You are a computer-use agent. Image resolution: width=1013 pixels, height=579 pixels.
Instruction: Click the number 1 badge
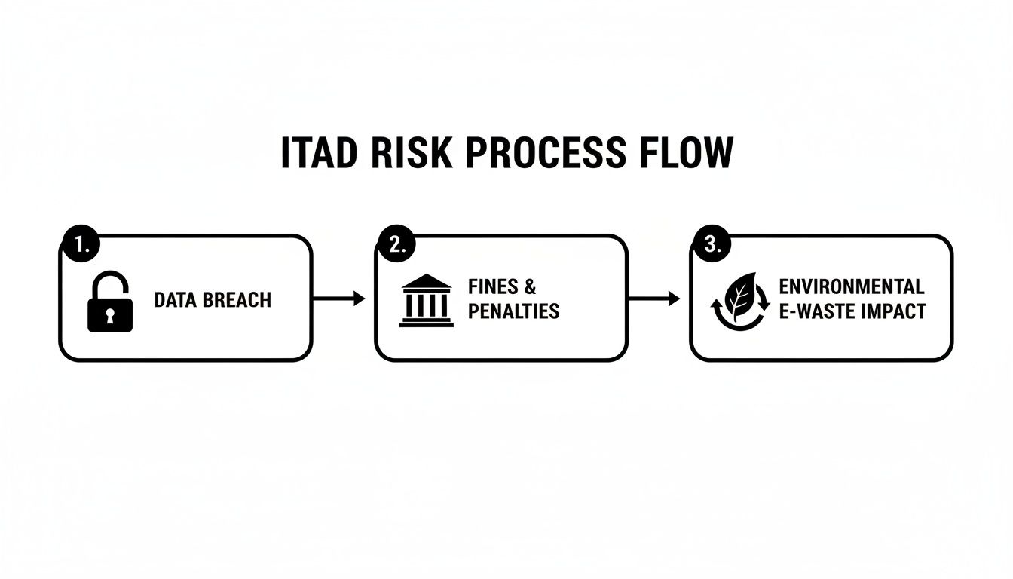(79, 244)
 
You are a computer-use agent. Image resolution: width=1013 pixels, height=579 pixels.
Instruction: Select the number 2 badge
(395, 244)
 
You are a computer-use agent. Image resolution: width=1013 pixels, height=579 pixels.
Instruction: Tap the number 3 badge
(711, 244)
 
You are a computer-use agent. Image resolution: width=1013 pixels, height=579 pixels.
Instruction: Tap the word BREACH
(235, 300)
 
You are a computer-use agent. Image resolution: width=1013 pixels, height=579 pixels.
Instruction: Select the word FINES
(493, 287)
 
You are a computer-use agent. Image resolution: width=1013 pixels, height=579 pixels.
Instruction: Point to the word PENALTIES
(513, 311)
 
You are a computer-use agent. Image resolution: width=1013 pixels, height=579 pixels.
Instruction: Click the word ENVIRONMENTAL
(851, 287)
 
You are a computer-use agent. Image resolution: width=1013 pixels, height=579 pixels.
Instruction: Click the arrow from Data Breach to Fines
(338, 299)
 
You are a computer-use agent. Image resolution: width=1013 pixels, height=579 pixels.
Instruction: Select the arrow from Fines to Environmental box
(653, 299)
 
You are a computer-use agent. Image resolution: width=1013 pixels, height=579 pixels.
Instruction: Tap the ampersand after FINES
(530, 287)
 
